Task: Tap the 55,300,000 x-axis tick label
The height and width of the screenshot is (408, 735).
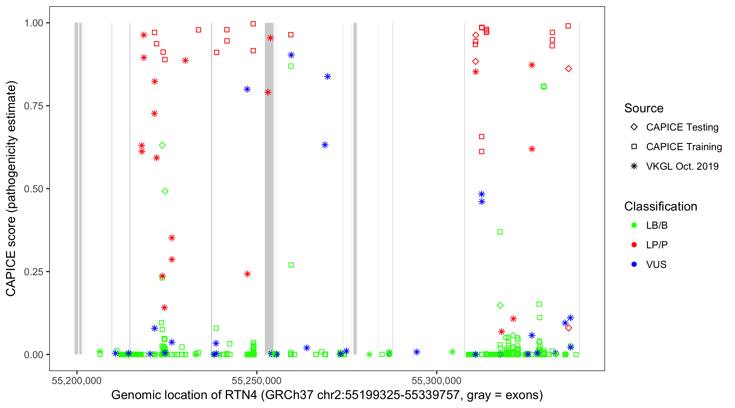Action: coord(436,381)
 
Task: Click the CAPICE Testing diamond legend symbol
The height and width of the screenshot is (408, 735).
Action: coord(634,127)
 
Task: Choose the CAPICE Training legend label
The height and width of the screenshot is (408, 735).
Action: coord(684,147)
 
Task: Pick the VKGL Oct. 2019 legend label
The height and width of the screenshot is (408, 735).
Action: coord(682,166)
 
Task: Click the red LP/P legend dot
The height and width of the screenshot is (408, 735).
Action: coord(634,245)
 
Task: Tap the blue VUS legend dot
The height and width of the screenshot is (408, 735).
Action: coord(634,265)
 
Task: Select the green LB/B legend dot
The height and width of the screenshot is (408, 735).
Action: coord(634,225)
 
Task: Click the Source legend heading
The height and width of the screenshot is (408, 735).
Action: coord(644,108)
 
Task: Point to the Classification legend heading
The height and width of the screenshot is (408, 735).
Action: coord(660,206)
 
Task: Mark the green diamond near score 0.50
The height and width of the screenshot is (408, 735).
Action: coord(165,191)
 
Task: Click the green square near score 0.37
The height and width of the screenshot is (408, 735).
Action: coord(500,232)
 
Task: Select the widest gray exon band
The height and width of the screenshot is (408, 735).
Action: coord(269,188)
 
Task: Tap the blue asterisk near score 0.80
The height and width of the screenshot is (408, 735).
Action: coord(247,89)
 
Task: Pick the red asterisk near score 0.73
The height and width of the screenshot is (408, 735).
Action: coord(154,114)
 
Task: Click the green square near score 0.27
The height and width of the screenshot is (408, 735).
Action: coord(291,265)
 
